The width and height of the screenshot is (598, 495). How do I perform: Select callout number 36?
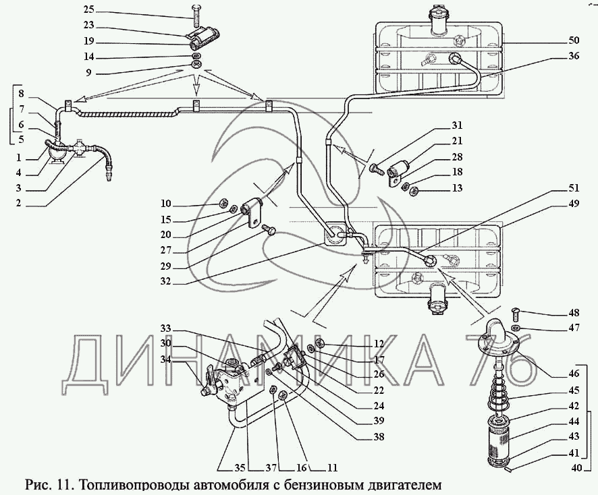pos(574,57)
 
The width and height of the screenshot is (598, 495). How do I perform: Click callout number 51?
pos(574,188)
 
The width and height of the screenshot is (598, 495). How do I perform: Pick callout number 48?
pos(574,313)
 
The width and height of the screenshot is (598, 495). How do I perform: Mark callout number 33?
pos(166,328)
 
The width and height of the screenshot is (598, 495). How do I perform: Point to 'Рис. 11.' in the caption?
pos(47,484)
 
